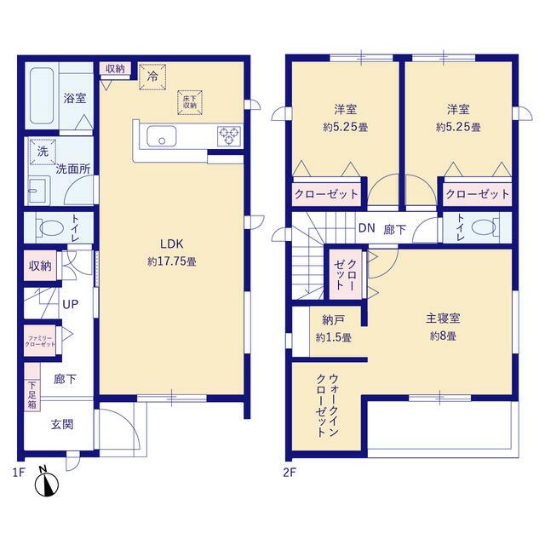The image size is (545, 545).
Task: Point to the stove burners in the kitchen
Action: [x=230, y=135]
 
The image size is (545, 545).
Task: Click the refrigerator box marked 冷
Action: [x=153, y=76]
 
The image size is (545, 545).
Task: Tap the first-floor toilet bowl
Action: [x=51, y=228]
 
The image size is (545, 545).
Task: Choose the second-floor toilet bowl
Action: [x=484, y=227]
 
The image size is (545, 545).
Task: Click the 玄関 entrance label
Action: [x=62, y=424]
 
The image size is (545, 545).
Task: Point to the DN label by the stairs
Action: [x=366, y=228]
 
